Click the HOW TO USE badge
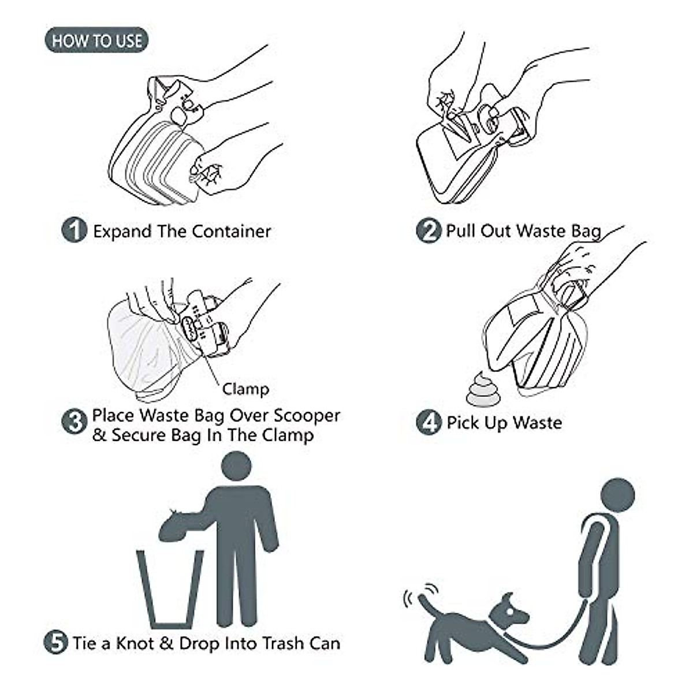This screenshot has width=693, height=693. [96, 40]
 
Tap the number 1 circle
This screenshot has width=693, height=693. [74, 230]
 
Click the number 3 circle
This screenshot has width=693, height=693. [74, 422]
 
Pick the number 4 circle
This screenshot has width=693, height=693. [428, 423]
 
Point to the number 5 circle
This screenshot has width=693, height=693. [56, 642]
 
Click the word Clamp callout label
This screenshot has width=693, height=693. [246, 389]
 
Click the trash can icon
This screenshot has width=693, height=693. [170, 589]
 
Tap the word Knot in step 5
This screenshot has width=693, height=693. [136, 643]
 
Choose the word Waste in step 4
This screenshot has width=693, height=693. [537, 423]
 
